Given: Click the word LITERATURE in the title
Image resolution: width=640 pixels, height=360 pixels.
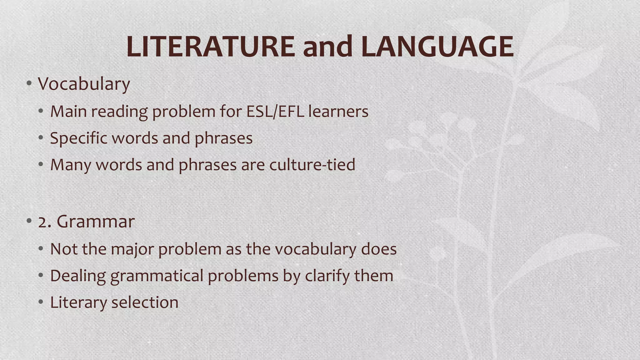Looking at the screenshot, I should coord(210,47).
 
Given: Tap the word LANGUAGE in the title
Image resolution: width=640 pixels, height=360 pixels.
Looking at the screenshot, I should coord(437,47).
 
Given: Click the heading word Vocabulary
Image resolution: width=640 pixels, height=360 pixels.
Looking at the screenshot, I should coord(84,84).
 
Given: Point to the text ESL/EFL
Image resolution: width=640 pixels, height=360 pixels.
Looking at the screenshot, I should coord(275,111).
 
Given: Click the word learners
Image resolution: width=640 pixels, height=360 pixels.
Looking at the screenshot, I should coord(338,111).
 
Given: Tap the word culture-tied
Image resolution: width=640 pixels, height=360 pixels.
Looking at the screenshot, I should coord(312,164).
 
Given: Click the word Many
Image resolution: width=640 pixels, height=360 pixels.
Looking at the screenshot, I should coord(71,165).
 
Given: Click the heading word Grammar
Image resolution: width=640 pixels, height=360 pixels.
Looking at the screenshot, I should coord(96,222).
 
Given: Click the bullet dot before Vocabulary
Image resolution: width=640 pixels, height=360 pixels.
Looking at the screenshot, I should coord(29,83).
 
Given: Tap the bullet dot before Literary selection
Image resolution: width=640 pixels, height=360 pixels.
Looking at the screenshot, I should coord(41,302).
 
